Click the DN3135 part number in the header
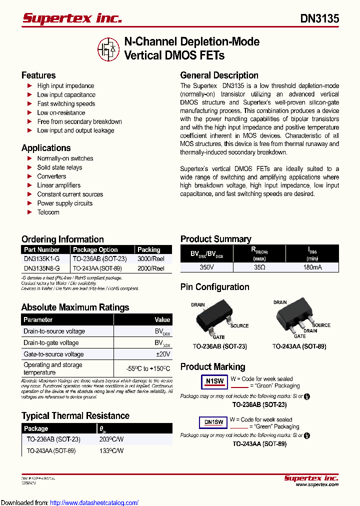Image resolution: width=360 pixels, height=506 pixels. point(319,18)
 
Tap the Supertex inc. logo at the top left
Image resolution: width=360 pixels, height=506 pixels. point(72,18)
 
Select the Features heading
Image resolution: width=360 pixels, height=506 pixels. point(38,75)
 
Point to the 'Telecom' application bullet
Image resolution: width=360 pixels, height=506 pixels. point(48,212)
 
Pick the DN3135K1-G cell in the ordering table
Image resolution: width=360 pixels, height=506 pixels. point(41,259)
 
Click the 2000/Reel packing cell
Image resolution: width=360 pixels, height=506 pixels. point(151,268)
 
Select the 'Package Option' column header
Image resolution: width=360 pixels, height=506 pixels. point(95,249)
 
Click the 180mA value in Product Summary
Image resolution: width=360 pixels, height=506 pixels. point(312,267)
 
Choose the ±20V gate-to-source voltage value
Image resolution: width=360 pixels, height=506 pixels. point(163,354)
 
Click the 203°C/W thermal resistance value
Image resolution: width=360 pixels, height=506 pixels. point(111,439)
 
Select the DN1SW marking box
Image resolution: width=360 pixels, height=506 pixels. point(213,422)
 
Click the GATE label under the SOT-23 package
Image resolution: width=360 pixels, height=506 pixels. point(218,337)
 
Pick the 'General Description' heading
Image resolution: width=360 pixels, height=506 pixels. point(219,75)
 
